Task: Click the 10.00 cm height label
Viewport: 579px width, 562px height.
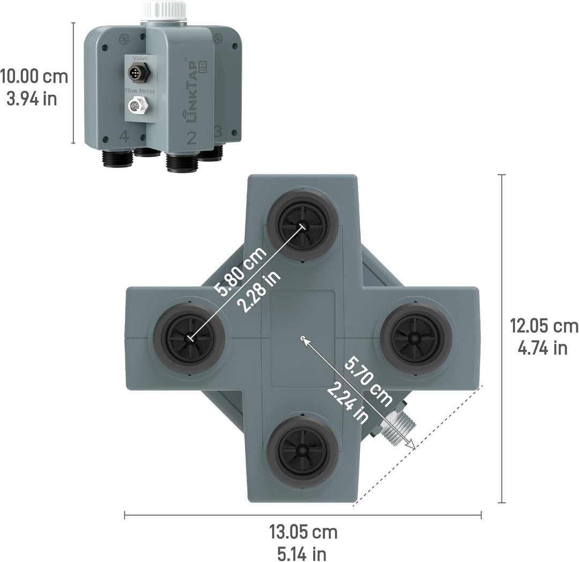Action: click(34, 77)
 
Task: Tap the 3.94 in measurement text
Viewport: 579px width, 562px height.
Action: click(32, 99)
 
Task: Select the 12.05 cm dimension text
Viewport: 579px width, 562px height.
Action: click(544, 326)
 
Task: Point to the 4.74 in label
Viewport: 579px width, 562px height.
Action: click(542, 348)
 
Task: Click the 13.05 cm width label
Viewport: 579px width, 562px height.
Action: click(303, 532)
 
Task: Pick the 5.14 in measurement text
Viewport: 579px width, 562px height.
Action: click(303, 553)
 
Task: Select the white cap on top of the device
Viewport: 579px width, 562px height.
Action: click(164, 11)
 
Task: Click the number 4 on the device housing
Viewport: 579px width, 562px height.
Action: click(124, 137)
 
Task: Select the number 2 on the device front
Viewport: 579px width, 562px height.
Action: click(191, 138)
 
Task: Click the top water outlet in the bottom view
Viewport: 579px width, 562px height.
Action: click(303, 225)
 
